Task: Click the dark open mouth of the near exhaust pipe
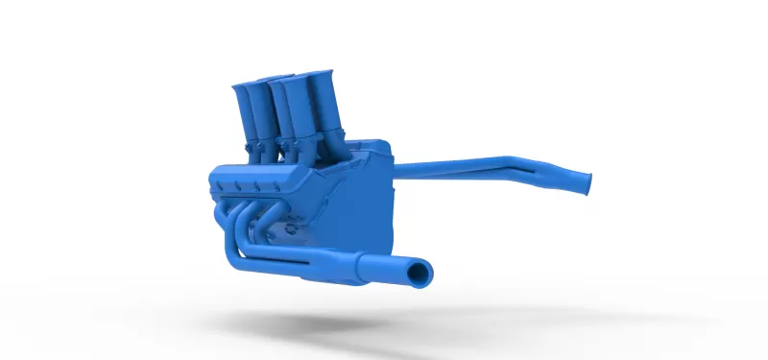pyautogui.click(x=419, y=276)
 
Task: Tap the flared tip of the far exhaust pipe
pyautogui.click(x=582, y=180)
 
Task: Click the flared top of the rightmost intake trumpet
pyautogui.click(x=312, y=75)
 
